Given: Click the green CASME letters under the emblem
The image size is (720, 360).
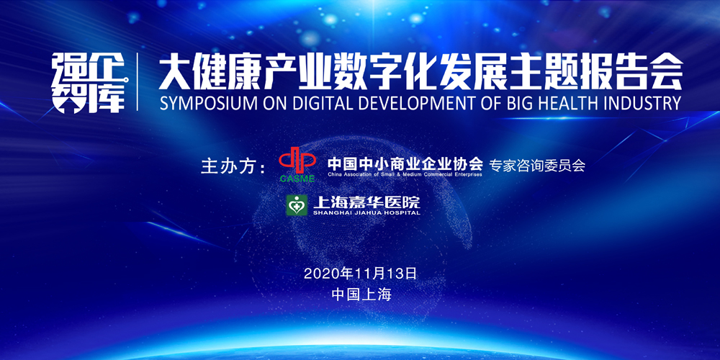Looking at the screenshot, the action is tap(297, 179).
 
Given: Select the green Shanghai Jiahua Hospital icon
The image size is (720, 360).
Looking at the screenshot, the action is tap(297, 205).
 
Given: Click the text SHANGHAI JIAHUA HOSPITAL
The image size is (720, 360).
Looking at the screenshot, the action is tap(366, 213).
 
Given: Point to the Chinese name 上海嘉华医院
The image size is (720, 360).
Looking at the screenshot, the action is tap(366, 202).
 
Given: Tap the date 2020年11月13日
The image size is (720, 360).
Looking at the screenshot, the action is tap(360, 274).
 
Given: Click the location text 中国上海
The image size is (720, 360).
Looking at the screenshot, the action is tap(361, 294).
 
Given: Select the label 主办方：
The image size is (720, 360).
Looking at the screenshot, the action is tap(233, 166).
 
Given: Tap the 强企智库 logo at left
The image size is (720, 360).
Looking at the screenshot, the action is tap(89, 83).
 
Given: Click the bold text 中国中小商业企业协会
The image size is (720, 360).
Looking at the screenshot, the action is tap(405, 163).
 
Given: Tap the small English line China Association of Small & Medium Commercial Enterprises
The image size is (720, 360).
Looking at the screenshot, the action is tap(405, 174).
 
